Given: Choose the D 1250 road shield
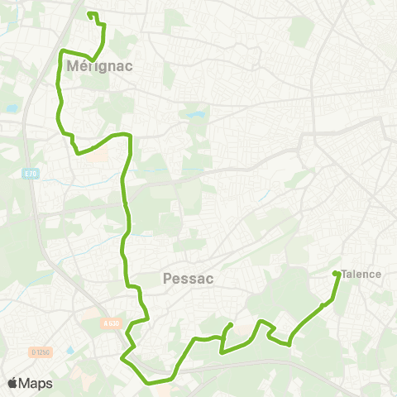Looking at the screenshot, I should pos(39,329).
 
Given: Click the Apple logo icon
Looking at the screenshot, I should pos(12,383).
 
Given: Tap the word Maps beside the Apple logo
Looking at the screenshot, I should pos(36,383).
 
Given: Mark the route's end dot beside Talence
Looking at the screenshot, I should pos(336,274).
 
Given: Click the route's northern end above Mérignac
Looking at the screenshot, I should pos(89,14).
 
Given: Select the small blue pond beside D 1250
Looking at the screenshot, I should pos(69,351).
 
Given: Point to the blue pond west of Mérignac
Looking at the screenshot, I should pos(11,108).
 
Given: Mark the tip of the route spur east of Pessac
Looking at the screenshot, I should pos(230,325).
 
